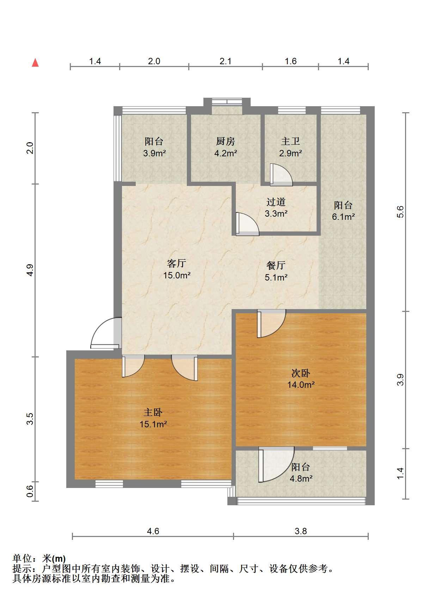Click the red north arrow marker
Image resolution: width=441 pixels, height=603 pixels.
[35, 63]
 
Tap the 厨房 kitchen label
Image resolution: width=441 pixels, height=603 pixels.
[225, 141]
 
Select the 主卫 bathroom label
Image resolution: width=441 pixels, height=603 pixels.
[290, 141]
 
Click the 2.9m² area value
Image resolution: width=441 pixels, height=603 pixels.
[290, 153]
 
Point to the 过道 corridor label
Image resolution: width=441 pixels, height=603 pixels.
[276, 202]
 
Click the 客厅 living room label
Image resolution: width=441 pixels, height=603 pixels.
[176, 263]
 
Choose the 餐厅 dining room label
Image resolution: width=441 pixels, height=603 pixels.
[276, 265]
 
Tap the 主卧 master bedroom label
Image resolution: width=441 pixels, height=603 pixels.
[153, 412]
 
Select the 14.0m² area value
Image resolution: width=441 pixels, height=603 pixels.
[301, 385]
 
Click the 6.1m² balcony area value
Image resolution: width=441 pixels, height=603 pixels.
[343, 217]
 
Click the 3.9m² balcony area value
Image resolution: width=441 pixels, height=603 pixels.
[154, 153]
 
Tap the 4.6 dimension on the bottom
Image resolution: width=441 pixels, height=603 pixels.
[153, 531]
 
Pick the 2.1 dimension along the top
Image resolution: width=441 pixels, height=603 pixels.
[225, 61]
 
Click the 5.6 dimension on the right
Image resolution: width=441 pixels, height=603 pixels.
[400, 212]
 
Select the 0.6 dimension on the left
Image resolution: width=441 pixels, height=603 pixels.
[30, 491]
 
